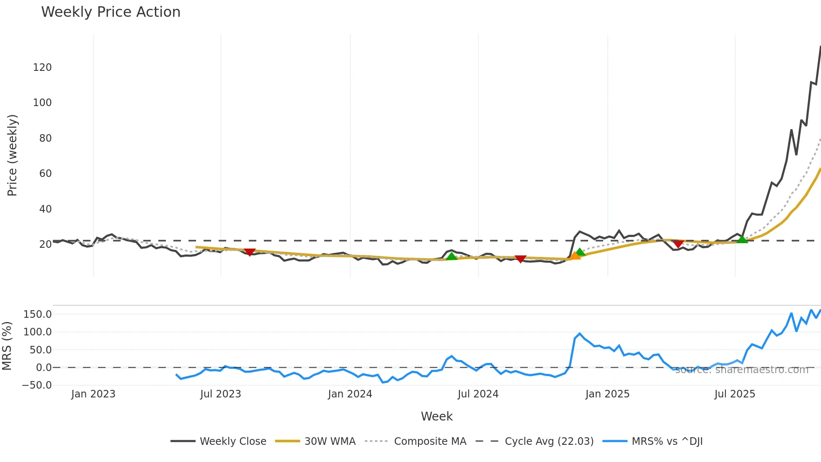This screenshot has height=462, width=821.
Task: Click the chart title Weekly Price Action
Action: (111, 12)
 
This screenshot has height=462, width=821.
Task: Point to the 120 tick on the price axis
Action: (42, 67)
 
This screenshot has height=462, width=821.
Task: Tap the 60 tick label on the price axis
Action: (45, 174)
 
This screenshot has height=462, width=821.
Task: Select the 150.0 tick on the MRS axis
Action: (38, 314)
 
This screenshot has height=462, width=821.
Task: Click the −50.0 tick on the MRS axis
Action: (37, 385)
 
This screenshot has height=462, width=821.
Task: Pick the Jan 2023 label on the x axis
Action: (93, 394)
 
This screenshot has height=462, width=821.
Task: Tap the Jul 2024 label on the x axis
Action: (478, 394)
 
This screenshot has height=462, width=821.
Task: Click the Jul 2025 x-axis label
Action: (735, 394)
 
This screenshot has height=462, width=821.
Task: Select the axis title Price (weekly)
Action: (12, 155)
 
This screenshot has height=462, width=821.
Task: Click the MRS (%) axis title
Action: (7, 346)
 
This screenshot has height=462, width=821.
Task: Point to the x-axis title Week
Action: (436, 416)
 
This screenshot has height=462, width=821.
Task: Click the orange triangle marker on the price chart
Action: (575, 255)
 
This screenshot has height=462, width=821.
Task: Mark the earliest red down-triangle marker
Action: (250, 252)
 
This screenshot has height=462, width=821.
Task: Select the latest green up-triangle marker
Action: (742, 239)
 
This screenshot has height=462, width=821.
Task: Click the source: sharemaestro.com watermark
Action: (741, 370)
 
